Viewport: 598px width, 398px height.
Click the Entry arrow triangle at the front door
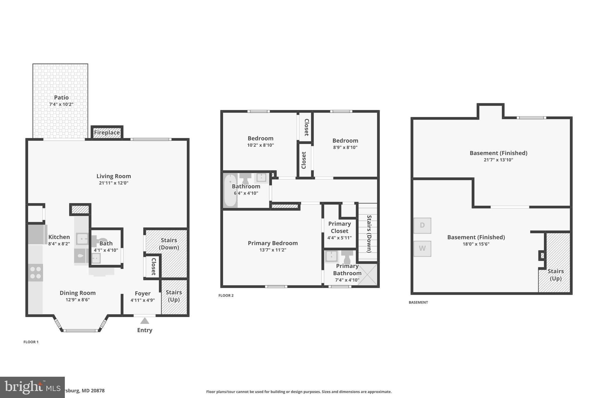(x=145, y=321)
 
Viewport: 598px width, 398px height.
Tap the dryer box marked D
(x=422, y=225)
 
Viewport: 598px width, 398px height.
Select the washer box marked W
(x=422, y=248)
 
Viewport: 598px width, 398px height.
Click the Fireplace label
(x=107, y=133)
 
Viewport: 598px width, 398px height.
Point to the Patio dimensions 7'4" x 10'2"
(x=61, y=104)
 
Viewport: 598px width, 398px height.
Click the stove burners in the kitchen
(x=36, y=273)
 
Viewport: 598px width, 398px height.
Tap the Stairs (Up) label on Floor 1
(x=174, y=296)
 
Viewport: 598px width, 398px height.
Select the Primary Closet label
(x=339, y=227)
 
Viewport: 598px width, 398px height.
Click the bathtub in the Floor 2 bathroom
(x=230, y=190)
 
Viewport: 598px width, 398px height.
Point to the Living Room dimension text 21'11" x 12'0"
(x=114, y=183)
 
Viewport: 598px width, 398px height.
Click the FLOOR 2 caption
(x=226, y=295)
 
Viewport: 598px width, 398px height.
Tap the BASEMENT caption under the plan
(x=418, y=302)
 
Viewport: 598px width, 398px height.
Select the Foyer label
(x=142, y=293)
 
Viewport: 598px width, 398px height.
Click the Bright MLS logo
(x=32, y=387)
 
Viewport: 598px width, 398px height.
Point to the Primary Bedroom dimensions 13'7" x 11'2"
(x=273, y=250)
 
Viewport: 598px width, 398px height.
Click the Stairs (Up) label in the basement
(x=555, y=275)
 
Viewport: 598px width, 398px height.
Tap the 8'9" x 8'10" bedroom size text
(x=345, y=148)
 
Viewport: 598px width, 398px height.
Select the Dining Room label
(x=78, y=293)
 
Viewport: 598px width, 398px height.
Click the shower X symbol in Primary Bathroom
(x=368, y=275)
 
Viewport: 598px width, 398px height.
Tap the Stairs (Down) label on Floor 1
(x=169, y=244)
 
